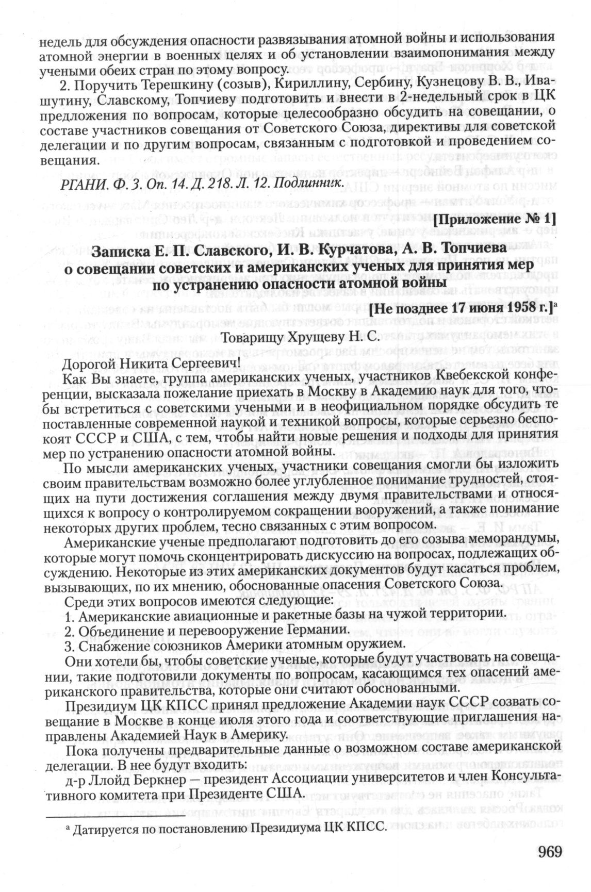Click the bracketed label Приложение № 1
[495, 219]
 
